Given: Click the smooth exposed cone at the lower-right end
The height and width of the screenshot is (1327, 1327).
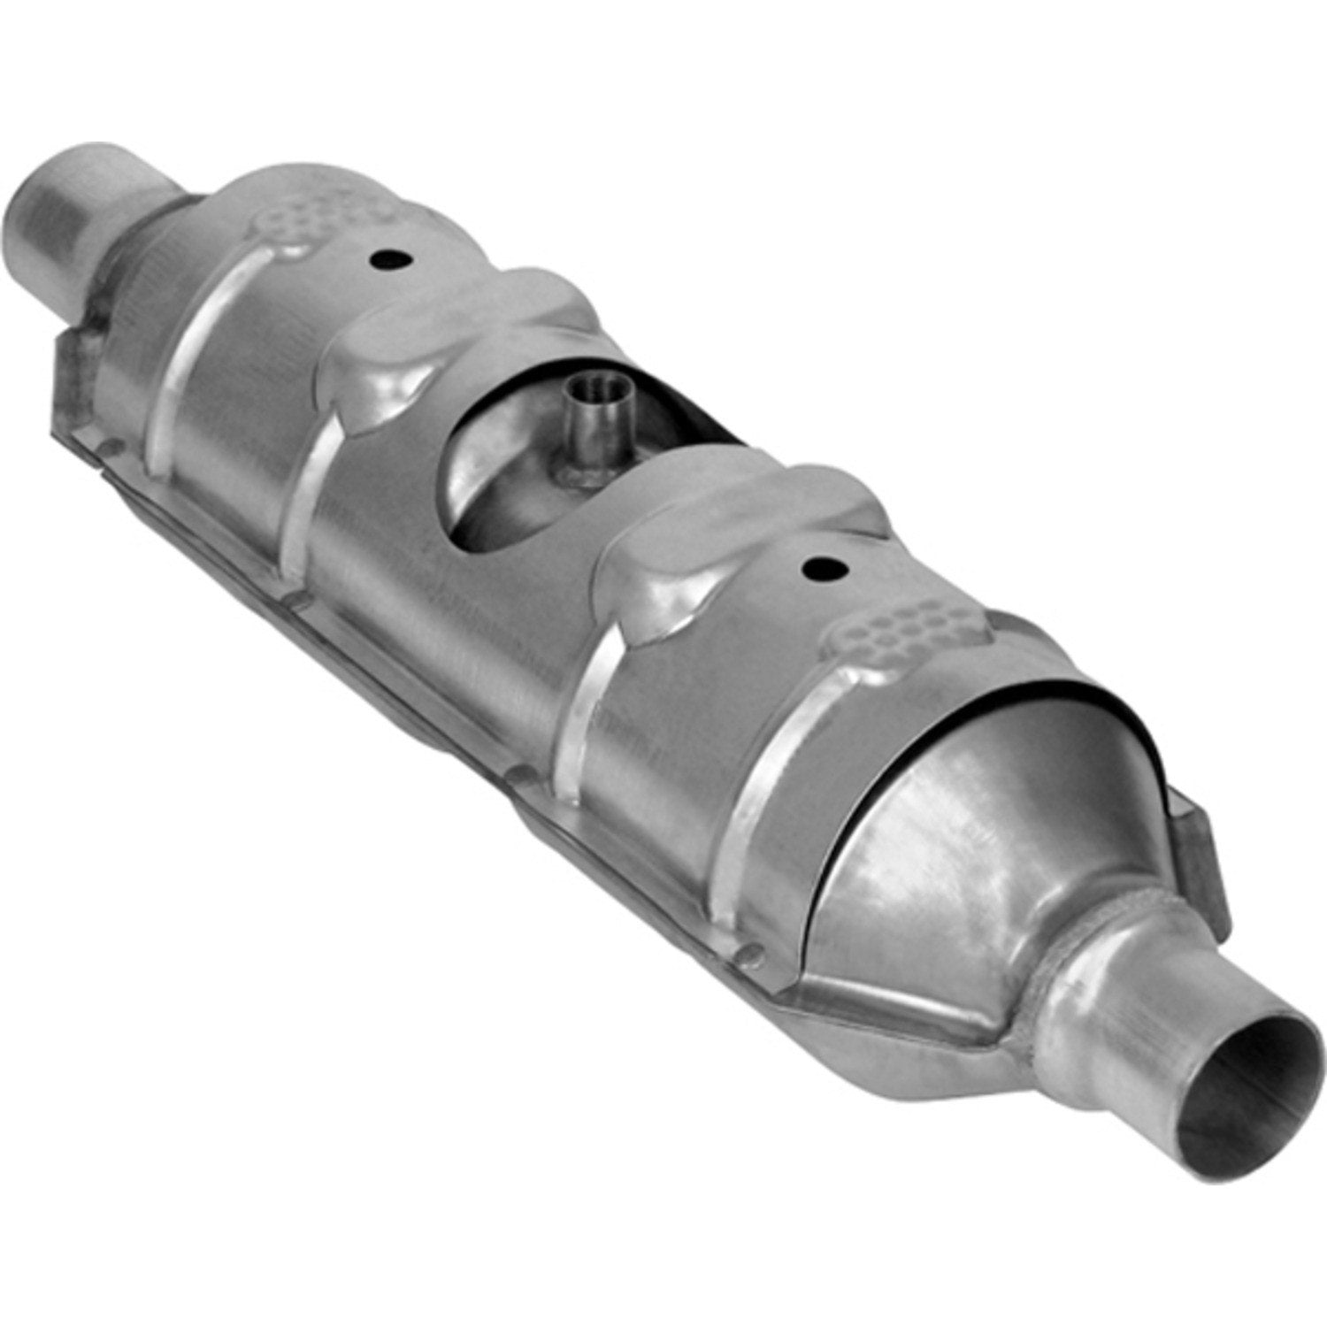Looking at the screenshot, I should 955,823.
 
